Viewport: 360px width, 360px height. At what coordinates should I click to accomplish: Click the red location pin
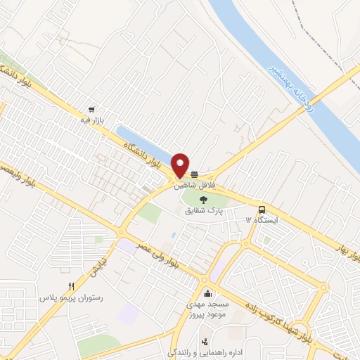point(181,165)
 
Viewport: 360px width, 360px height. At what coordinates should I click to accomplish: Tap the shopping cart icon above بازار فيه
point(91,110)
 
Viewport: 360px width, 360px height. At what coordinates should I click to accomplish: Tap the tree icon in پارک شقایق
point(204,200)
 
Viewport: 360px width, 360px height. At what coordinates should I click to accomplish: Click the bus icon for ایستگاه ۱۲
point(262,210)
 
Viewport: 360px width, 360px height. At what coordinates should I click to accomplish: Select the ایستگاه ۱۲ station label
point(262,220)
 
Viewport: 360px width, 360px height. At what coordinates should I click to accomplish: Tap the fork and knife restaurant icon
point(71,287)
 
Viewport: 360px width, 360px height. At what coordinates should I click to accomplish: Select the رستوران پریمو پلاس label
point(71,297)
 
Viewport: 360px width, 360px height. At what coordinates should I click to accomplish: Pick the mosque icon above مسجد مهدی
point(207,294)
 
